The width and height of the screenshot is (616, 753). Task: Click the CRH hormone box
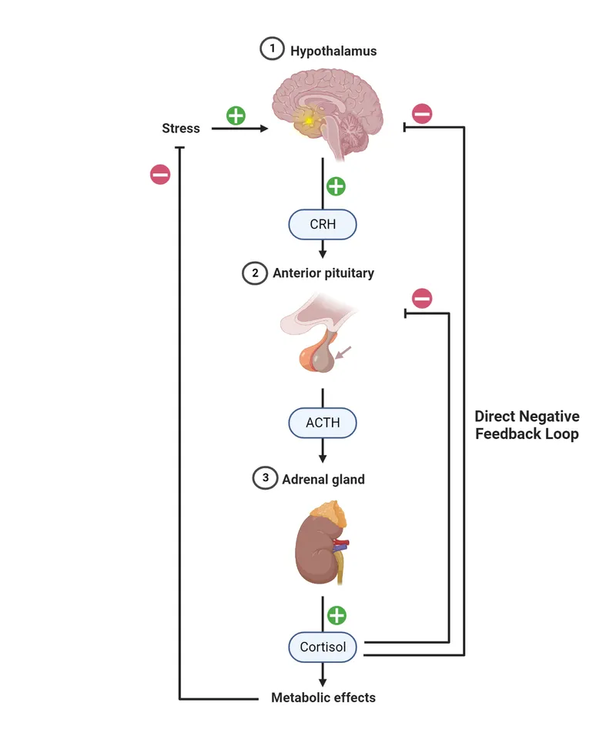pyautogui.click(x=323, y=225)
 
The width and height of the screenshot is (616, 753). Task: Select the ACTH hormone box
pyautogui.click(x=323, y=423)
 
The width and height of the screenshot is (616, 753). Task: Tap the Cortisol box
pyautogui.click(x=323, y=647)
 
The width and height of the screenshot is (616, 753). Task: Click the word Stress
pyautogui.click(x=181, y=129)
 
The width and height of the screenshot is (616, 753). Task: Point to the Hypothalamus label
pyautogui.click(x=333, y=52)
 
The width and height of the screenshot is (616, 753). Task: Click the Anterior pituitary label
pyautogui.click(x=323, y=273)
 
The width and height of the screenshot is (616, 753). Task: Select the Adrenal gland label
pyautogui.click(x=323, y=479)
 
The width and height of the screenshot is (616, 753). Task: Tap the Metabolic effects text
pyautogui.click(x=323, y=698)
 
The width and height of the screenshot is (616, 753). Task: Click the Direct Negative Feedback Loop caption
pyautogui.click(x=527, y=425)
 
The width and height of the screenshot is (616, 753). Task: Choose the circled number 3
pyautogui.click(x=265, y=478)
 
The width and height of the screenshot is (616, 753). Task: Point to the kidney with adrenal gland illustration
pyautogui.click(x=323, y=543)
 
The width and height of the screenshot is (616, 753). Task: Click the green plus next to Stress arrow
pyautogui.click(x=236, y=115)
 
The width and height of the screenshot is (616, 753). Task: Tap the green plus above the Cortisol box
pyautogui.click(x=336, y=615)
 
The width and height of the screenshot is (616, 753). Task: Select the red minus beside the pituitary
pyautogui.click(x=422, y=298)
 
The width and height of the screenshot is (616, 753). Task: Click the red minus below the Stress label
pyautogui.click(x=159, y=175)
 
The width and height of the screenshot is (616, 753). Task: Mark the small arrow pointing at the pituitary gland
pyautogui.click(x=344, y=353)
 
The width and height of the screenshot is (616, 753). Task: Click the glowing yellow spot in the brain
pyautogui.click(x=309, y=120)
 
